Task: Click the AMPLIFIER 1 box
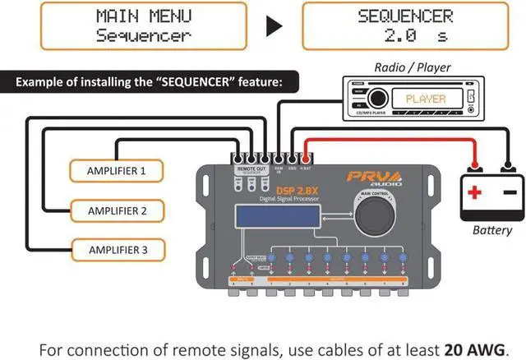click(116, 171)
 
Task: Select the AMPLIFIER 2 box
click(117, 210)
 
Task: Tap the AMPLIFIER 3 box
click(117, 247)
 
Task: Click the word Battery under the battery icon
click(491, 231)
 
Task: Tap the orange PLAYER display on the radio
click(426, 99)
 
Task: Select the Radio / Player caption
click(411, 67)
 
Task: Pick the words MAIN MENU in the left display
click(144, 16)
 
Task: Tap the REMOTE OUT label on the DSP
click(250, 168)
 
